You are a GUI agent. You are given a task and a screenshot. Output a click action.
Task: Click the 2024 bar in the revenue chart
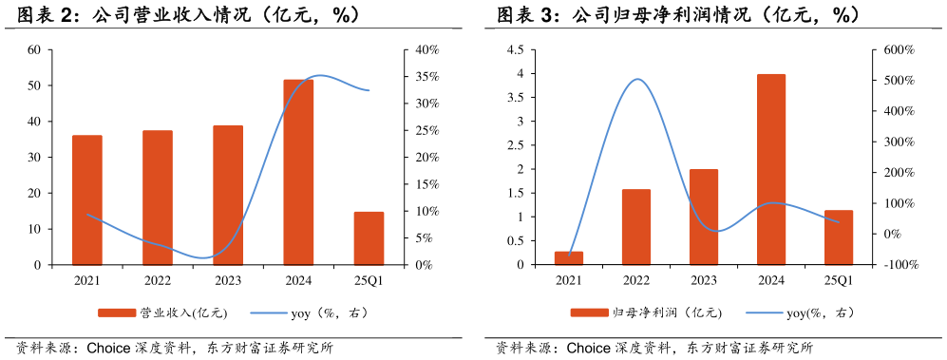coord(298,172)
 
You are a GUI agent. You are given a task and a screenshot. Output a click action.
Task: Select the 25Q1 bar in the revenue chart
coord(369,238)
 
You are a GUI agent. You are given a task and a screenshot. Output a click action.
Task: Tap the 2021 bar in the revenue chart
coord(87,199)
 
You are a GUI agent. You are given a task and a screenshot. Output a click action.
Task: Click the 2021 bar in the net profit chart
coord(569,258)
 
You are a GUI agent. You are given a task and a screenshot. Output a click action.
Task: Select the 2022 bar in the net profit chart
coord(636,227)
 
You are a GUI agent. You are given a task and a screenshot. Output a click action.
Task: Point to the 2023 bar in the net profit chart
coord(704,217)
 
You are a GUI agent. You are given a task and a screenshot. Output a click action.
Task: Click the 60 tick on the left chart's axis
coord(33,49)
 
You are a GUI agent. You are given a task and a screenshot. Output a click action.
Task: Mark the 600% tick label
coord(898,49)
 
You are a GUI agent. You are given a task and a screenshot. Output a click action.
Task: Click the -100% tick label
coord(899,265)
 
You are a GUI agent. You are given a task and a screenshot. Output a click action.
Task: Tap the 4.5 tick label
coord(515,49)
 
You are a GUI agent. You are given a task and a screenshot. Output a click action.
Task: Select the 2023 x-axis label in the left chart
coord(228,280)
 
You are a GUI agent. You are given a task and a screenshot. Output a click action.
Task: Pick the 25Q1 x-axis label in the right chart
coord(839,280)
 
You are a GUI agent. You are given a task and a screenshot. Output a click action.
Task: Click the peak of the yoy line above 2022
coord(636,79)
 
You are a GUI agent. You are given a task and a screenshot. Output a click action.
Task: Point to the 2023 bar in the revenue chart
coord(228,195)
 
